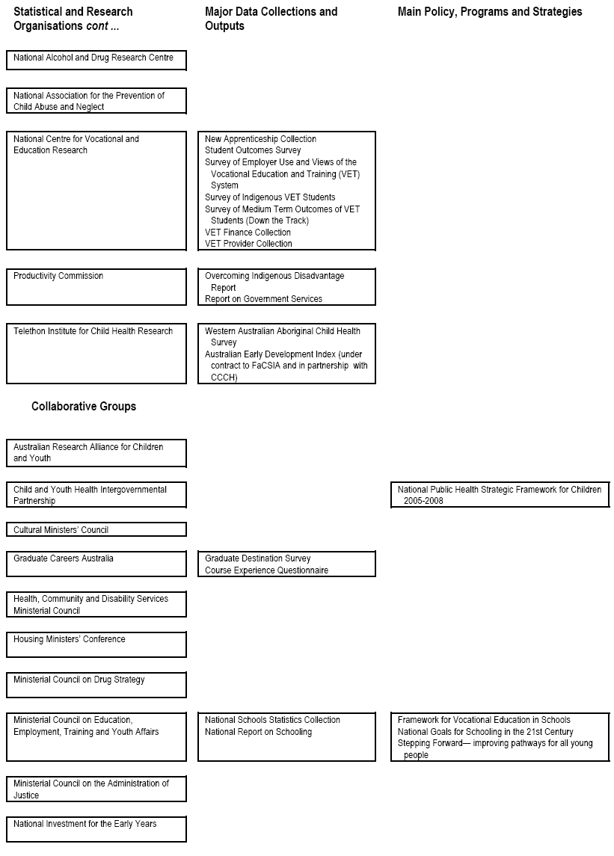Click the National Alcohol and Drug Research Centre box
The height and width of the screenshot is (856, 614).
(x=96, y=60)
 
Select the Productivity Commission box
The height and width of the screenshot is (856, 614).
(x=96, y=287)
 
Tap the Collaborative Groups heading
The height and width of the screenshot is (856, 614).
(x=84, y=407)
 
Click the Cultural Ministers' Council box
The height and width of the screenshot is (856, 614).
(x=96, y=530)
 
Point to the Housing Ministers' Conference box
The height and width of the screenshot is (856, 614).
(x=96, y=644)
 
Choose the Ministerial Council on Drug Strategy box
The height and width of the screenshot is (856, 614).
(x=96, y=685)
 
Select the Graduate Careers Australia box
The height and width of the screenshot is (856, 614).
(x=96, y=564)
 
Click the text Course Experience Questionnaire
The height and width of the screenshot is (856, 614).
(x=266, y=570)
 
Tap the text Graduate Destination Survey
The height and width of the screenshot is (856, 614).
(x=257, y=558)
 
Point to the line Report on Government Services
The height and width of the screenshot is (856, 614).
(x=263, y=299)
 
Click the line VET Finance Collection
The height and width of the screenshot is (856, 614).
(x=248, y=233)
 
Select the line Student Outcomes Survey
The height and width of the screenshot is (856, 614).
(x=253, y=150)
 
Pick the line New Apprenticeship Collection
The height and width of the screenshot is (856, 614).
(x=260, y=139)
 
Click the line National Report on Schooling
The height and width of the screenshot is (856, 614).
(x=258, y=732)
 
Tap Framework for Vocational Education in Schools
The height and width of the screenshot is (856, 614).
(x=484, y=720)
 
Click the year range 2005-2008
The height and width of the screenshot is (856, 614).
(x=423, y=501)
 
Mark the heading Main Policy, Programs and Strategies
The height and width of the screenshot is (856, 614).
(x=490, y=12)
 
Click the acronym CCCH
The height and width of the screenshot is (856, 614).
(x=224, y=378)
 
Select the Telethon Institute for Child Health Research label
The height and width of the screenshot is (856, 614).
(x=93, y=331)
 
